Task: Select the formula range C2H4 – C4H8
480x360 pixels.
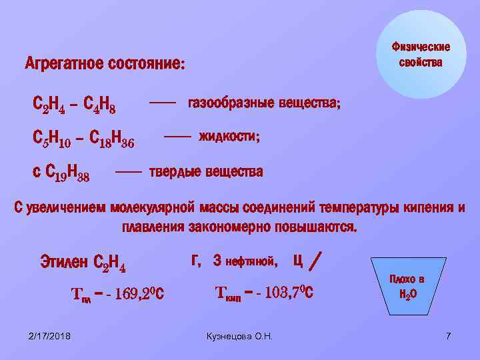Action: point(75,105)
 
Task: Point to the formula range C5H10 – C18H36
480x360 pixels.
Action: point(83,140)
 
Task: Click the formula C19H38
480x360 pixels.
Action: point(67,174)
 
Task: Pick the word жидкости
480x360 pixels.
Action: point(229,136)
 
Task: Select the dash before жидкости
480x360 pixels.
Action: point(177,136)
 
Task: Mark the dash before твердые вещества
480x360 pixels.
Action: point(129,171)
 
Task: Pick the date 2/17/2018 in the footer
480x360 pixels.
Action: point(51,335)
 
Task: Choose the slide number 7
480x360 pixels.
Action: point(449,335)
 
